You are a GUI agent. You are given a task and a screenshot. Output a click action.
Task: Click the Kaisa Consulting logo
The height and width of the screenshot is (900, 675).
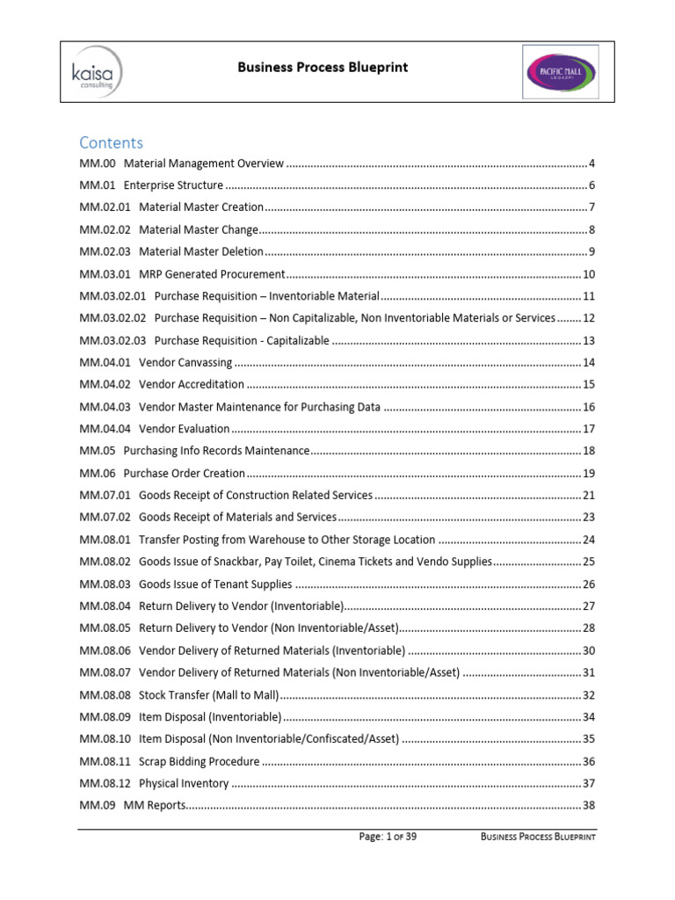[x=95, y=70]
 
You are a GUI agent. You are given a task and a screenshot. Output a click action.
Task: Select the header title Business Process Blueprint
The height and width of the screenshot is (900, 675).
[x=323, y=68]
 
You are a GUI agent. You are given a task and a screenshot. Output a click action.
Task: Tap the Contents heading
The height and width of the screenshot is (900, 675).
[x=111, y=142]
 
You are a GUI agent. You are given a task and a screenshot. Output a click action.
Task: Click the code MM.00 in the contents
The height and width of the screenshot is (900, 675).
[x=98, y=163]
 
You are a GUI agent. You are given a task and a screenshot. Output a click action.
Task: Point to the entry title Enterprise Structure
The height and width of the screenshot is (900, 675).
[x=173, y=185]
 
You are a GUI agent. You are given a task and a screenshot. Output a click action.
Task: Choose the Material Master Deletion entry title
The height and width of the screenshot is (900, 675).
[x=201, y=251]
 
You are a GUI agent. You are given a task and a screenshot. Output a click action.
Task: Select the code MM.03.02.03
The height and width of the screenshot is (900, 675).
[x=112, y=340]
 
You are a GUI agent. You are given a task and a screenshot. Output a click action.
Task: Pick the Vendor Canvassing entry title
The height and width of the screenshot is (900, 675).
[x=185, y=362]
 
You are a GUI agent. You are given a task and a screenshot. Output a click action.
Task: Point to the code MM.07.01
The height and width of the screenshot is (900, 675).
[x=105, y=496]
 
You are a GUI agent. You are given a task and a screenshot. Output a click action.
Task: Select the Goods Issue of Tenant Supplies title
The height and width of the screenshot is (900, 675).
[x=215, y=584]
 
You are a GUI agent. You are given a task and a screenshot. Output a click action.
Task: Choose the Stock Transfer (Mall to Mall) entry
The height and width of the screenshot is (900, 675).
[x=209, y=694]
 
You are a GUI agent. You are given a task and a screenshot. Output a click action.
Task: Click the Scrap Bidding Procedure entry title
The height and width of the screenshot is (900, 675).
[x=200, y=761]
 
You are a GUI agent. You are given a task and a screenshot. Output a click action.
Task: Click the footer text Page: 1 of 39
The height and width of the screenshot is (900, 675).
[x=388, y=838]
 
